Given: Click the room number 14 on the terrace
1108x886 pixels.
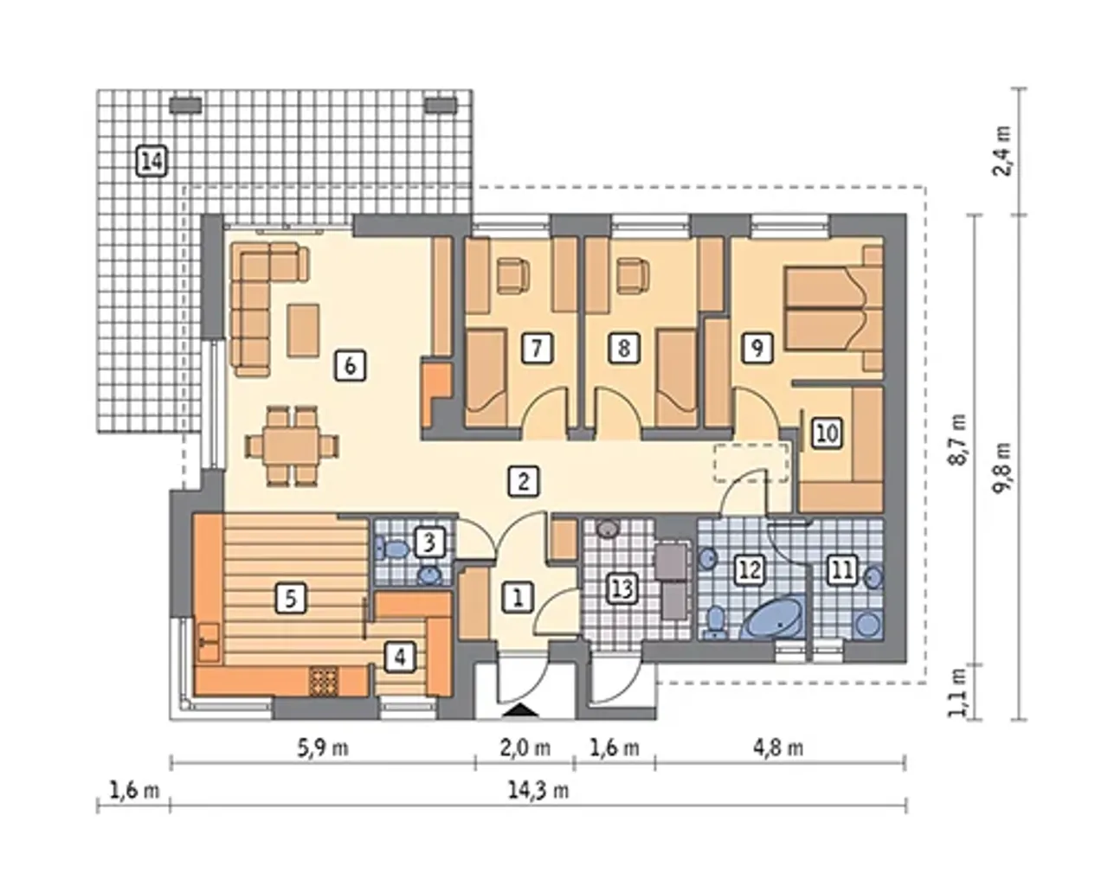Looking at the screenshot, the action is (151, 162).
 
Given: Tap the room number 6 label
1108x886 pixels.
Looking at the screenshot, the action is (350, 365).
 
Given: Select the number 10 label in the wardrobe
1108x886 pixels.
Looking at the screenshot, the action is (827, 433).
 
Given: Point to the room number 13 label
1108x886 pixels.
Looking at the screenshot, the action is (622, 587).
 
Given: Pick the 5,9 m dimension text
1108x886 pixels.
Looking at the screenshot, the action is (323, 748).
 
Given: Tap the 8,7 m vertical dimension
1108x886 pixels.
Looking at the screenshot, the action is (958, 440).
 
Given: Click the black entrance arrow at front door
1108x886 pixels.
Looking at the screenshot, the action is (520, 711).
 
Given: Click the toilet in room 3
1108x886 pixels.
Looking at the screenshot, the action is (392, 549).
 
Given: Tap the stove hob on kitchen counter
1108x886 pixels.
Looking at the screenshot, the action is (324, 681).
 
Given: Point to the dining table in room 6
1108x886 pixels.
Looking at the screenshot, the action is (292, 446).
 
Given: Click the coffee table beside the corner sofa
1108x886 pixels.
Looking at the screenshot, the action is (303, 331).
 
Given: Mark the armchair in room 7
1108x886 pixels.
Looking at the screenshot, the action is (512, 276).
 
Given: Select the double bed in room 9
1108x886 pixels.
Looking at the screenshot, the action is (832, 308).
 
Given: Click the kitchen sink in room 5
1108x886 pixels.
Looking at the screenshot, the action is (209, 642).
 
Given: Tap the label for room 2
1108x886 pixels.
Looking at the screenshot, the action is (523, 481).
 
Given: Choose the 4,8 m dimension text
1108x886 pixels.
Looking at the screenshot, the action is (778, 748).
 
